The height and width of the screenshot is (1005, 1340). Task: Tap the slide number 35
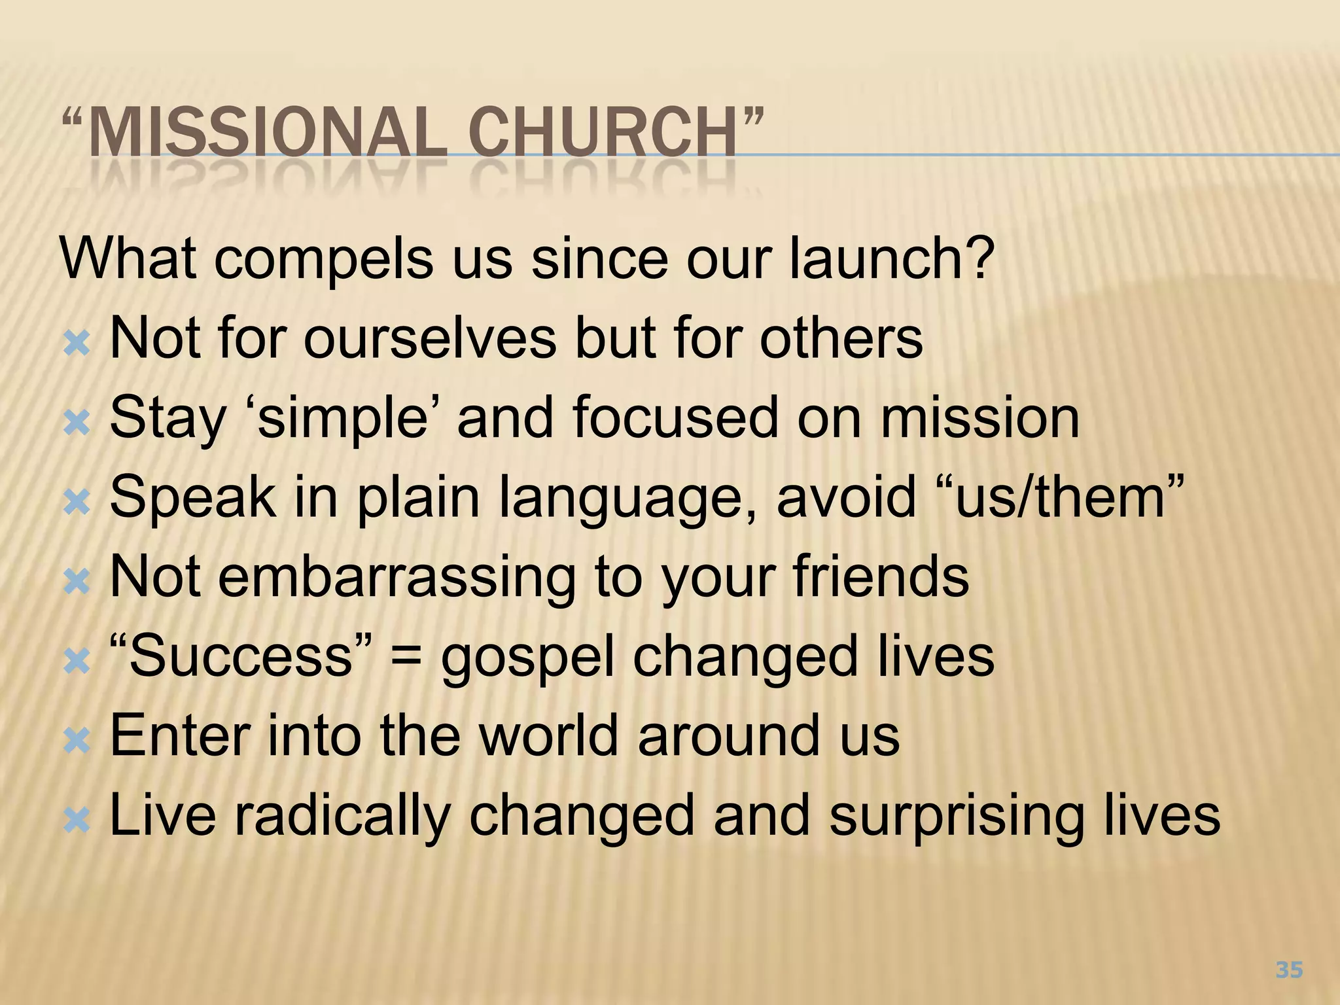(1289, 970)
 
